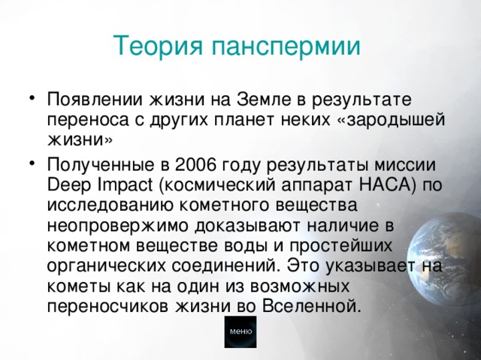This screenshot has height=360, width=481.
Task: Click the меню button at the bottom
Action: click(240, 331)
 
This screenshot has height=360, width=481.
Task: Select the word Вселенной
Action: click(310, 306)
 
